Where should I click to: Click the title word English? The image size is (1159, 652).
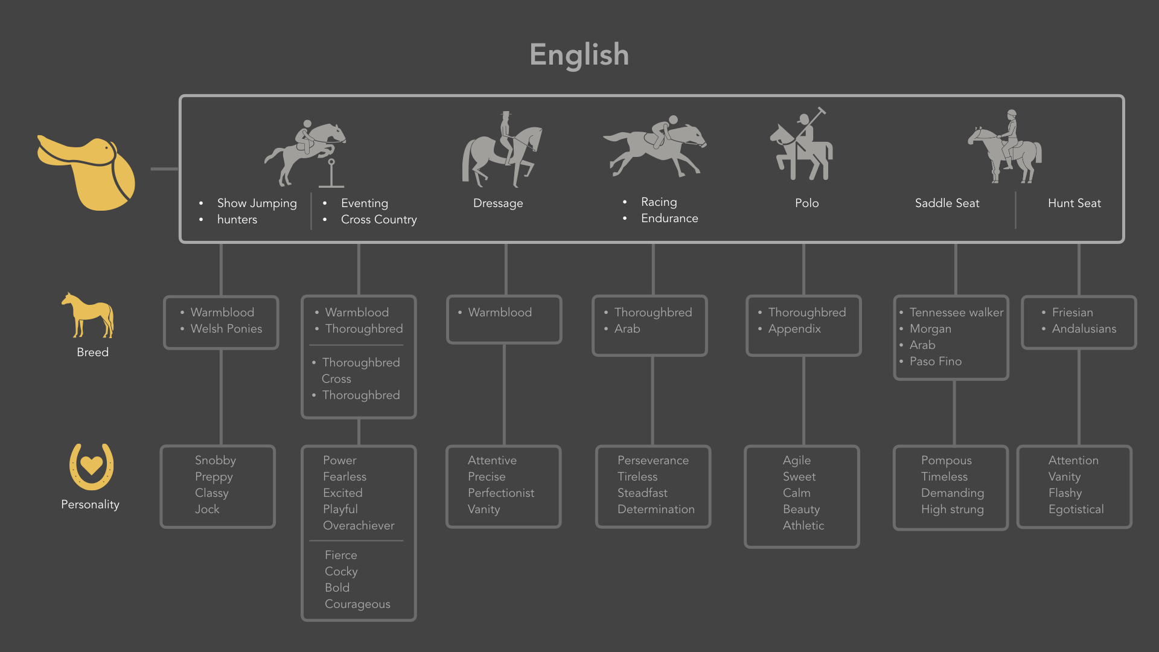tap(579, 54)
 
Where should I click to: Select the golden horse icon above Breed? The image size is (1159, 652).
tap(88, 315)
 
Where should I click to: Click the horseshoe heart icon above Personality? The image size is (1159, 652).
tap(91, 466)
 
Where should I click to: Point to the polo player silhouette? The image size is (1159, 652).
tap(801, 147)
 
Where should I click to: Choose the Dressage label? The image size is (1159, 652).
tap(498, 203)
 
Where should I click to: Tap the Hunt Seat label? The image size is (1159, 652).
tap(1074, 203)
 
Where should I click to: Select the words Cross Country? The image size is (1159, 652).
tap(378, 220)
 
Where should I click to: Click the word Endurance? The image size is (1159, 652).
tap(669, 219)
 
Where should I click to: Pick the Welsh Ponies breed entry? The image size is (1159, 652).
tap(226, 329)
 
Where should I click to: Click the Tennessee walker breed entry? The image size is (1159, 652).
tap(956, 313)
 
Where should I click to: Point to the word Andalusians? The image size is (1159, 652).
tap(1084, 329)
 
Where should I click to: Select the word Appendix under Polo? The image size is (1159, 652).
tap(794, 329)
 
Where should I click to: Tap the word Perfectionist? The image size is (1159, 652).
tap(500, 493)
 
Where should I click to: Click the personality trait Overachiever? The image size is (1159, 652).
tap(359, 526)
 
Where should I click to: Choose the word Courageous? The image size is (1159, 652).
tap(357, 604)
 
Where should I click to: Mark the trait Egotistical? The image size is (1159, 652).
tap(1076, 510)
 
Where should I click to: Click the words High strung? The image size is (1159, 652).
tap(952, 510)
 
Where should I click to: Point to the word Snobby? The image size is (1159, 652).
tap(215, 461)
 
